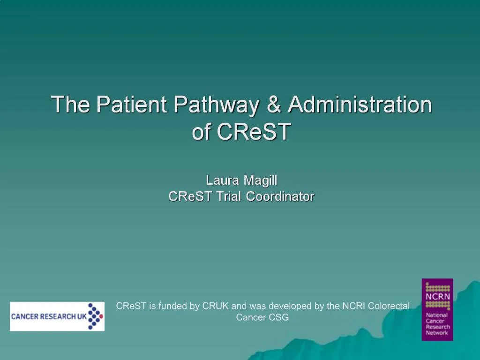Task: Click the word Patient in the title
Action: pos(132,104)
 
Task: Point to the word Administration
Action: pos(360,104)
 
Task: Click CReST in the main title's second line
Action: pos(254,132)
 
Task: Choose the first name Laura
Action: pos(223,180)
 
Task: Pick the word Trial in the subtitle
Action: pos(230,196)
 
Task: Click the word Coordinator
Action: pos(280,196)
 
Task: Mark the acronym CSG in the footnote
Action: pos(278,317)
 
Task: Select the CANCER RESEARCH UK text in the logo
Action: pos(49,316)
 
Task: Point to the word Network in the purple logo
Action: pos(437,333)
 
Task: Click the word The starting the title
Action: pos(71,104)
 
